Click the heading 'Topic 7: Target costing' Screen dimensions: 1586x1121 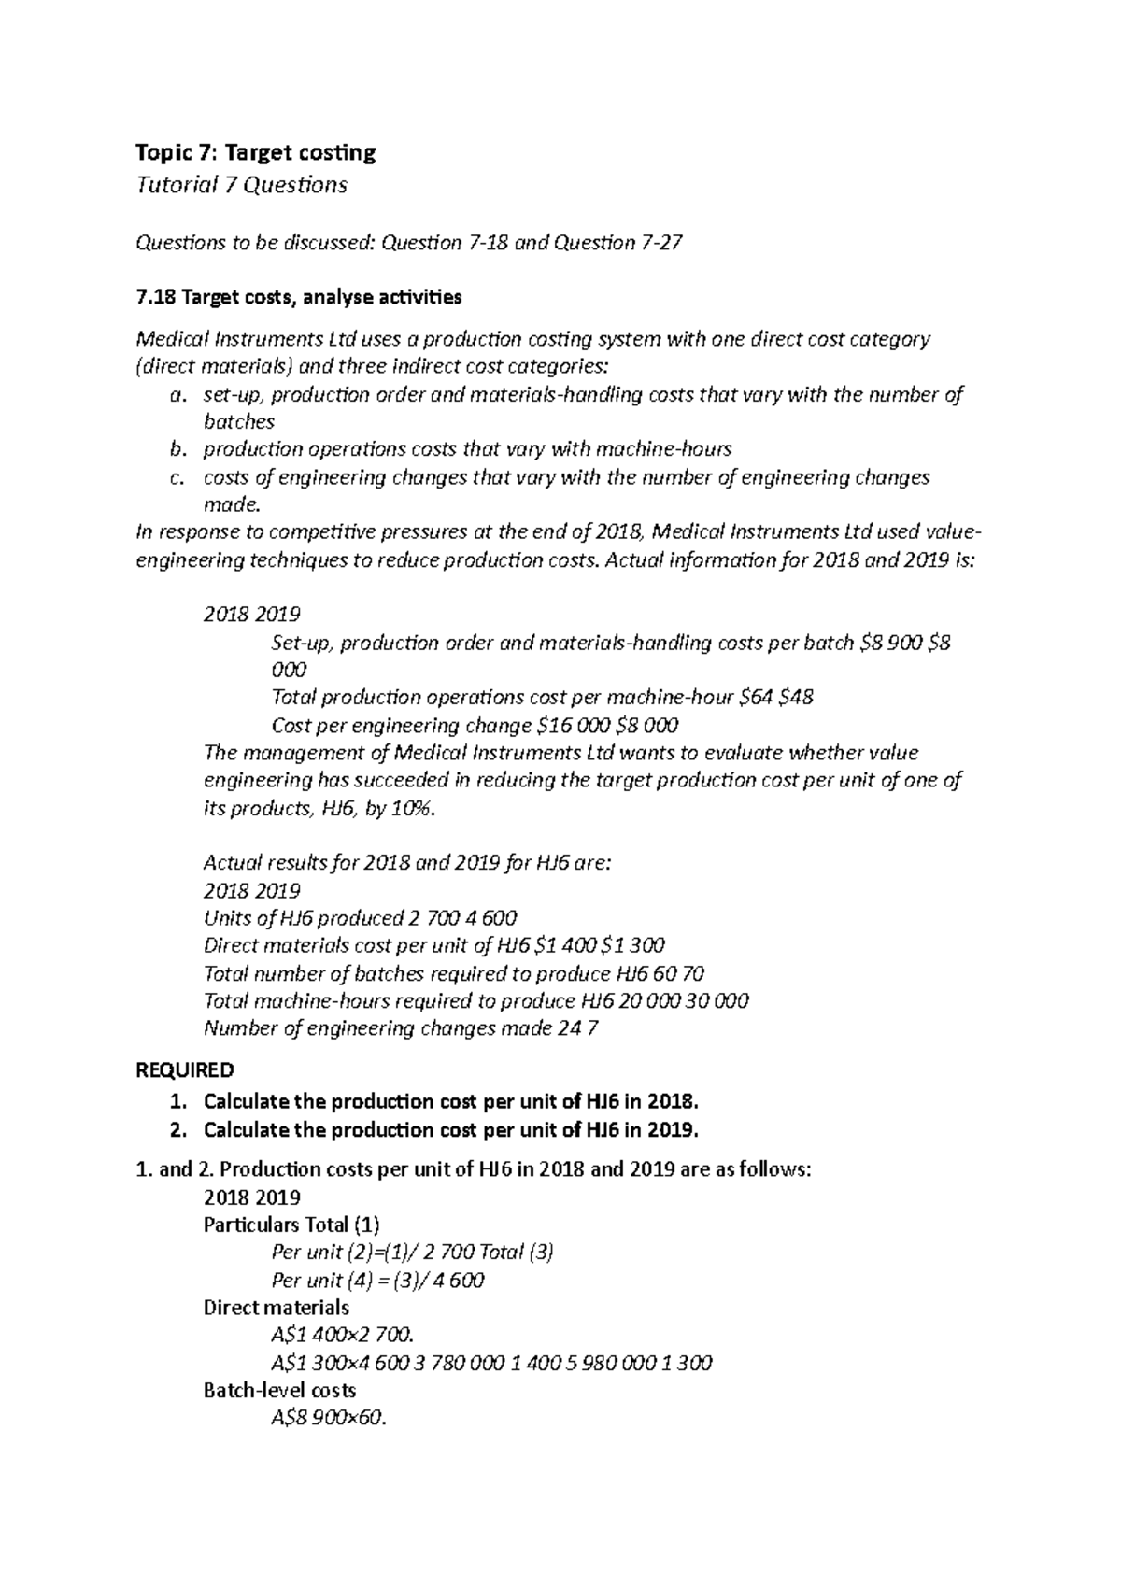click(x=256, y=152)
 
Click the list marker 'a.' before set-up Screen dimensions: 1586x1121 click(x=177, y=395)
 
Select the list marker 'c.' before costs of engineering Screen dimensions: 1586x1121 click(x=177, y=478)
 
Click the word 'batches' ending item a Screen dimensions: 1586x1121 click(x=238, y=422)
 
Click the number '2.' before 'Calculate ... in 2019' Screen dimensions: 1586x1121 click(x=179, y=1130)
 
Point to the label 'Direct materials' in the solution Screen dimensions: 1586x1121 click(x=277, y=1308)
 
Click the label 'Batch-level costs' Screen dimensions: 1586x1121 click(x=279, y=1391)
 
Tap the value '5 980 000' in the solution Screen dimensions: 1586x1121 click(x=607, y=1363)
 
